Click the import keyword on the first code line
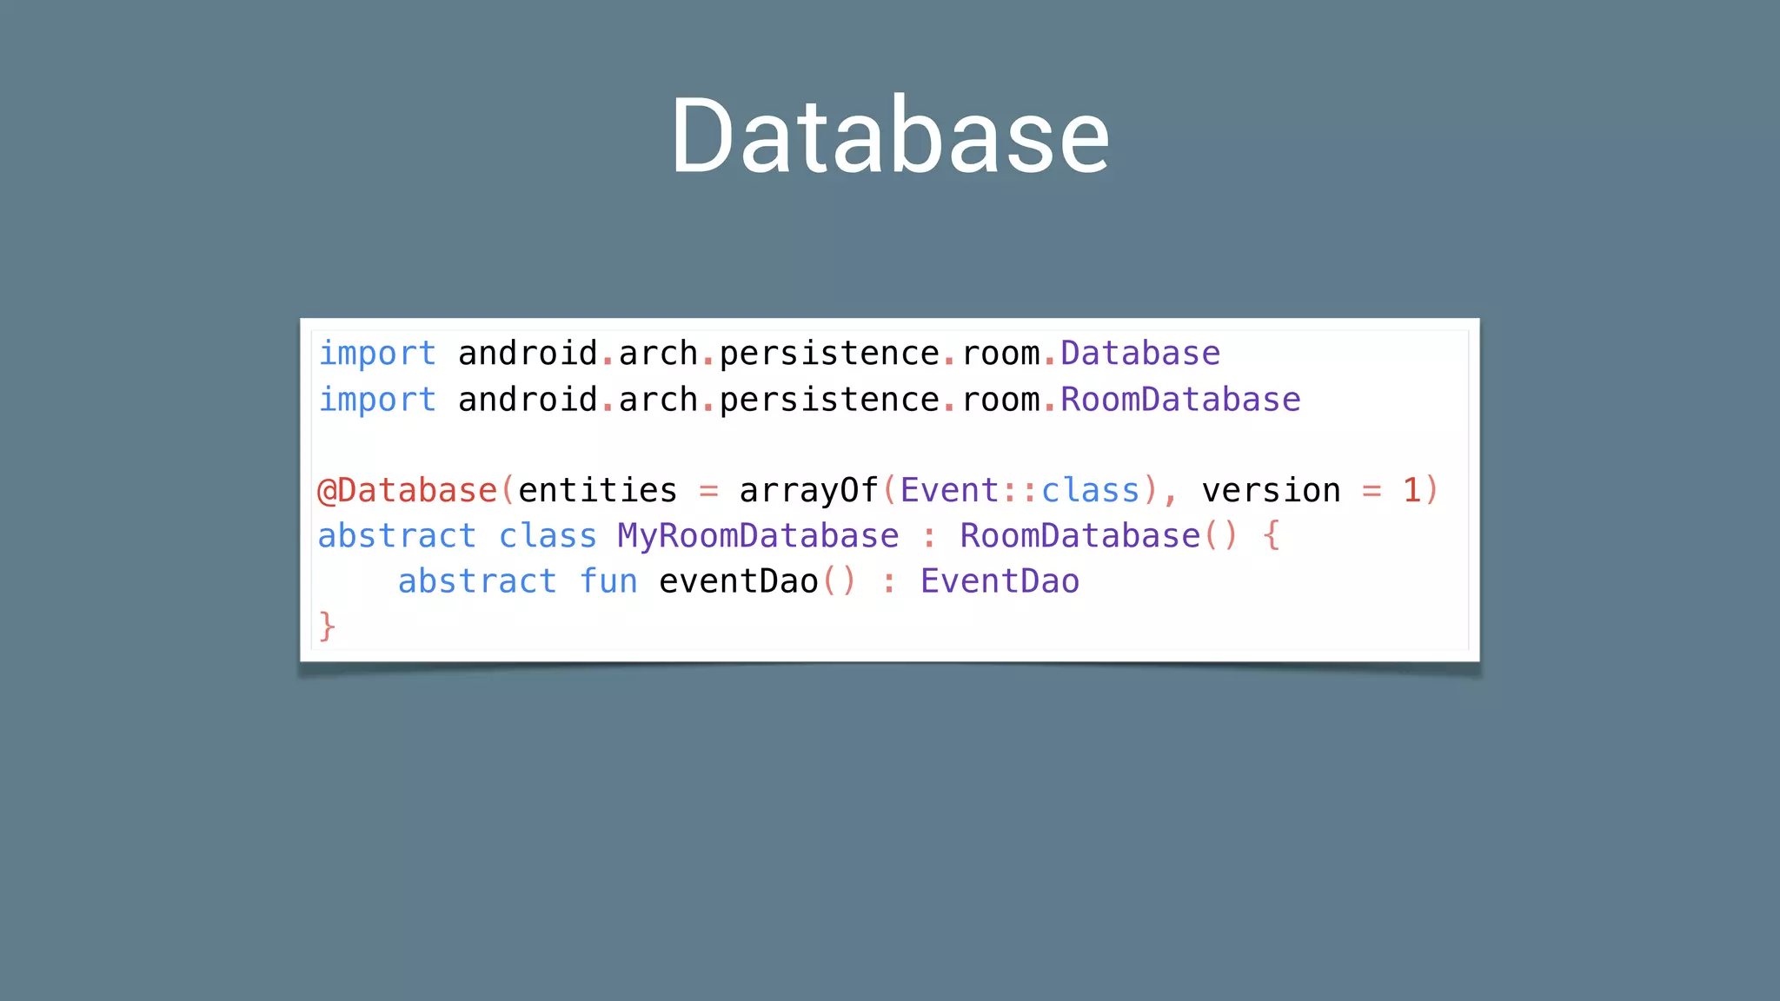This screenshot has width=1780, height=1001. coord(377,354)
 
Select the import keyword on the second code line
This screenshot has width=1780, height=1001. coord(377,400)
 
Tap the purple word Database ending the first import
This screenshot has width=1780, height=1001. coord(1140,354)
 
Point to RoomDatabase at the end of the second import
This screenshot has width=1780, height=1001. coord(1180,400)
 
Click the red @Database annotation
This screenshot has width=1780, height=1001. coord(407,491)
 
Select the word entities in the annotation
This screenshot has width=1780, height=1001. coord(597,491)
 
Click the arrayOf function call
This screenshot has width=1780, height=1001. coord(808,491)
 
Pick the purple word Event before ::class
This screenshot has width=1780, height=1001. coord(949,491)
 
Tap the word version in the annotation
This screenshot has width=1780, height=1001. coord(1271,491)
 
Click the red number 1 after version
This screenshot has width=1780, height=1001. coord(1411,491)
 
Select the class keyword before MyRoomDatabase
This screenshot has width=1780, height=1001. coord(548,536)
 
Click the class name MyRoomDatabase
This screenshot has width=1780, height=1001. coord(758,536)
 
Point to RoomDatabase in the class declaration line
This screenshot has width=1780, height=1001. coord(1079,536)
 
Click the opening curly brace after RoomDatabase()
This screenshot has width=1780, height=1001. coord(1272,536)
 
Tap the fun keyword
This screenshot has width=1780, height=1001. coord(608,581)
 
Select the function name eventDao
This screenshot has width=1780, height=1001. coord(739,581)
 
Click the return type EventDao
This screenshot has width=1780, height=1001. coord(1000,581)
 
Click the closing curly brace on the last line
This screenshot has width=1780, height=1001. coord(327,626)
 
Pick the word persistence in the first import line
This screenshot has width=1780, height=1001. coord(829,354)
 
